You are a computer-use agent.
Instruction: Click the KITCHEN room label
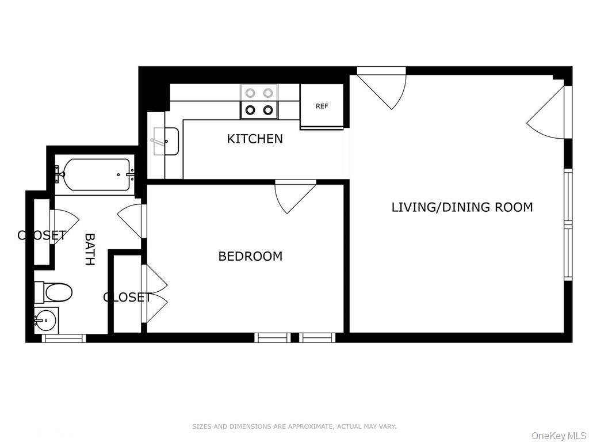tap(255, 139)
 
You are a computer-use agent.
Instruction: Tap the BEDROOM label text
tap(250, 256)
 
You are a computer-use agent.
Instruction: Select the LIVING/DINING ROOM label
tap(462, 207)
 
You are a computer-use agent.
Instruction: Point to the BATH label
tap(89, 250)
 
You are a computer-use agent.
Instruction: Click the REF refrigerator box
tap(322, 106)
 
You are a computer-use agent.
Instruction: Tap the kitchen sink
tap(166, 141)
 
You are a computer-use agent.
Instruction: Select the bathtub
tap(96, 174)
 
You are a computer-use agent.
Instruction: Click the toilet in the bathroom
tap(53, 292)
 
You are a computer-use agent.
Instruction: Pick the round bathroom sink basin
tap(46, 321)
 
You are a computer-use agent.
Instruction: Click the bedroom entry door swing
tap(295, 196)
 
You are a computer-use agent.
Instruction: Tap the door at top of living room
tap(382, 88)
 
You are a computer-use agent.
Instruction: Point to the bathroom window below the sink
tap(63, 338)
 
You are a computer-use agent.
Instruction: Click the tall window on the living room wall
tap(568, 225)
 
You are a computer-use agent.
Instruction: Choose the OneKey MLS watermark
tap(559, 436)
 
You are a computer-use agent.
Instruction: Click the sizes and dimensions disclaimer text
tap(294, 426)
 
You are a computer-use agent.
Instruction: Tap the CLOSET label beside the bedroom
tap(127, 298)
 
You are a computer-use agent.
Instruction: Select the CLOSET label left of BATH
tap(41, 235)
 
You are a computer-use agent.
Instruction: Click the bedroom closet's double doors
tap(154, 294)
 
